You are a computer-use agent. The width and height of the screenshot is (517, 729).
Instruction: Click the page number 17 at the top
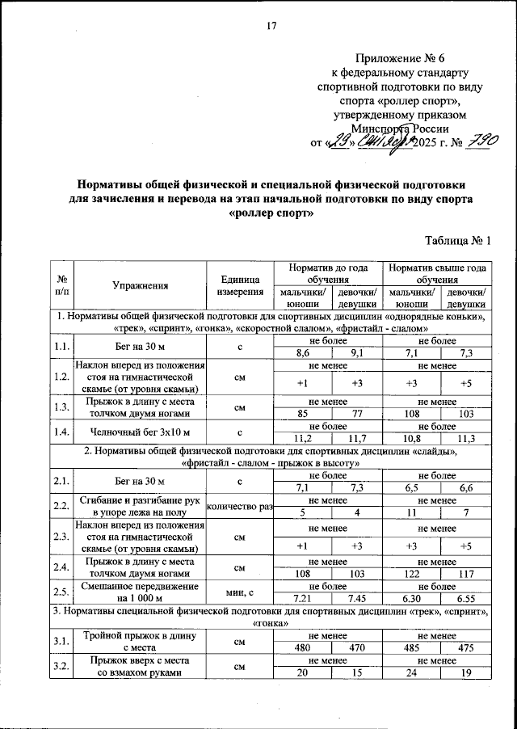[271, 26]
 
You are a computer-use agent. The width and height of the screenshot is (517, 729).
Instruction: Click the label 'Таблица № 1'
[457, 241]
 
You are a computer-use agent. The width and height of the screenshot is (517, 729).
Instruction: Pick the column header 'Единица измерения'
[239, 284]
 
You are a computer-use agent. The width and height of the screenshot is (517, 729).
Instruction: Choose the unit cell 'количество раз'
[240, 506]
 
